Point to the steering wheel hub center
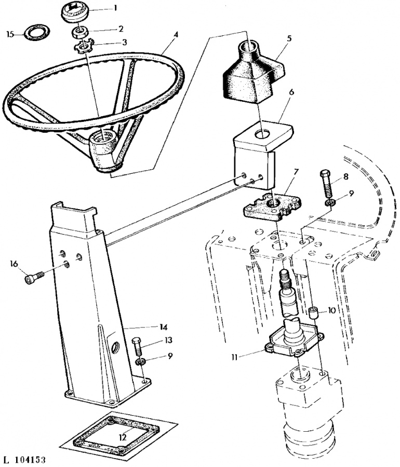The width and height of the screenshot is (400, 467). pyautogui.click(x=103, y=138)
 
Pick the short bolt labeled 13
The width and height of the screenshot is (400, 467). pyautogui.click(x=138, y=346)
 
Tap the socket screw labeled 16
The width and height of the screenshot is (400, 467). pyautogui.click(x=34, y=277)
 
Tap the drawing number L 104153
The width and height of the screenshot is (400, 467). pyautogui.click(x=24, y=460)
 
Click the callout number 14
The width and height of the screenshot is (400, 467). pyautogui.click(x=163, y=327)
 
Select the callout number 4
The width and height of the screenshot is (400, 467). pyautogui.click(x=176, y=35)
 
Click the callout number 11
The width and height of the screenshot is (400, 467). pyautogui.click(x=235, y=357)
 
